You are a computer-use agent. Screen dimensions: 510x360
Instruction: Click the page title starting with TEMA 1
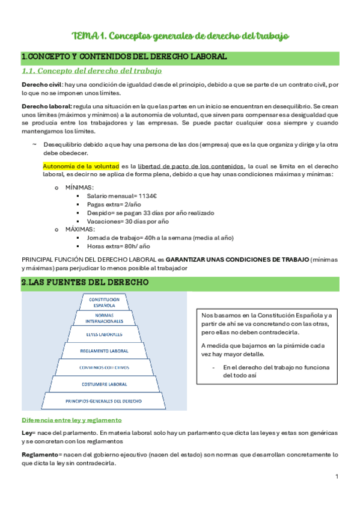180,37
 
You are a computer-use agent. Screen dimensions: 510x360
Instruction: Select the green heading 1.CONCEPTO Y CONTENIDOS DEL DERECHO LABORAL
124,57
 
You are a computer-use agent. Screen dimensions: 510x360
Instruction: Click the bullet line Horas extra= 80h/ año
118,246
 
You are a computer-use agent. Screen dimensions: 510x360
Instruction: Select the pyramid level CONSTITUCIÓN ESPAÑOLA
104,302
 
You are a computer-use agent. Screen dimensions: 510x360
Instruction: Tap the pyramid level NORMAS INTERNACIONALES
104,318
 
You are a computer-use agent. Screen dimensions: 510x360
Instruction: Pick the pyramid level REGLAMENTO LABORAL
104,350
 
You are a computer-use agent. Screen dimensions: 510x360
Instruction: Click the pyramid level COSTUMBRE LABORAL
104,383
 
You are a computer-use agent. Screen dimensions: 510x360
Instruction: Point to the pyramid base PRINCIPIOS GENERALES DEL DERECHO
104,400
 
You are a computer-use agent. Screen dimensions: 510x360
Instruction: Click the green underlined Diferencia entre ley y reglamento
72,420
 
